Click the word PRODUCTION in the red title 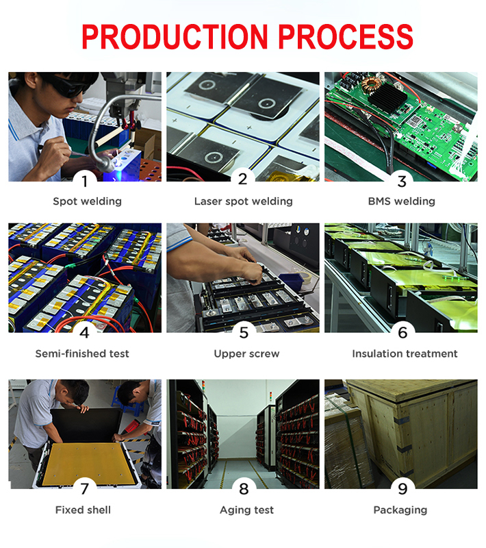click(175, 36)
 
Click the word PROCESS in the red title click(345, 36)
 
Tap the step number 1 click(85, 182)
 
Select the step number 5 click(244, 332)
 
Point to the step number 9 click(402, 488)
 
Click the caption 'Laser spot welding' click(244, 201)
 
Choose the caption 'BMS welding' click(402, 201)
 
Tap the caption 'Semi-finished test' click(82, 353)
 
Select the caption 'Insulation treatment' click(405, 353)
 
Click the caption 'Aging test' click(246, 510)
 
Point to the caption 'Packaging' click(400, 510)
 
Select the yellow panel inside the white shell click(88, 463)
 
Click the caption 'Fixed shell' click(83, 510)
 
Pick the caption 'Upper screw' click(246, 353)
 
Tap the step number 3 click(402, 182)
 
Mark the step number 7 click(85, 488)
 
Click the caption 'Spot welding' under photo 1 click(88, 201)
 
